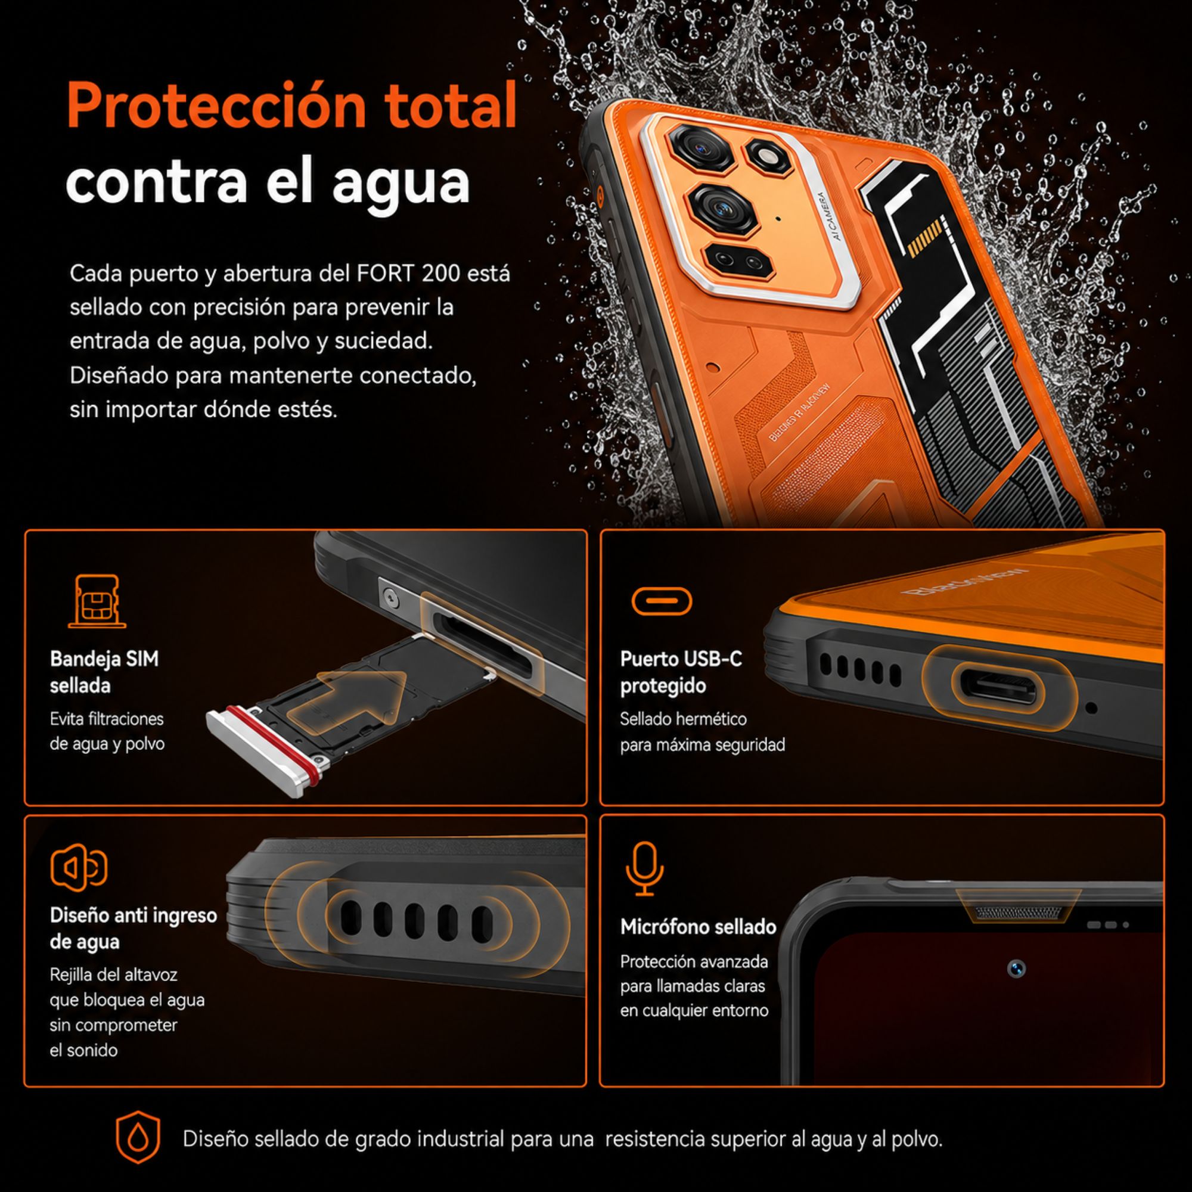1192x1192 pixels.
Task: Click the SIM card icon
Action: [x=98, y=601]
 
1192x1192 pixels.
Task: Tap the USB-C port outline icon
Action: [x=662, y=600]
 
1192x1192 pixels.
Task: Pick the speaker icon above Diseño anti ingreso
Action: [x=78, y=867]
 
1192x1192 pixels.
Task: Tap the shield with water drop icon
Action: [x=138, y=1138]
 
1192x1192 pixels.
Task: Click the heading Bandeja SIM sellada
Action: [x=104, y=672]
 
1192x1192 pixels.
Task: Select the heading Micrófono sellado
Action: [x=699, y=926]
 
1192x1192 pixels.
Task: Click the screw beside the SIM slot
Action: [x=390, y=596]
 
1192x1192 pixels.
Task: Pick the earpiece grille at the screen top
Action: [x=1019, y=911]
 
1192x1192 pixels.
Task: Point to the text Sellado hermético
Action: [x=683, y=719]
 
